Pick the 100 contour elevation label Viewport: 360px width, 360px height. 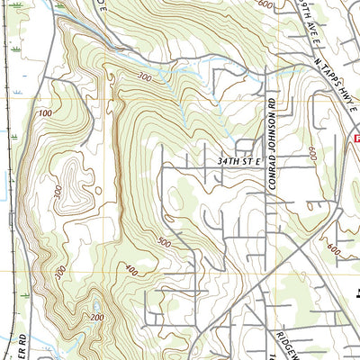tap(46, 114)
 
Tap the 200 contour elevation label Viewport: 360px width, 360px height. tap(96, 319)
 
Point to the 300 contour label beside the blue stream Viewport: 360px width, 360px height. tap(143, 78)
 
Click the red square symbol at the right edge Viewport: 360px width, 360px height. tap(355, 139)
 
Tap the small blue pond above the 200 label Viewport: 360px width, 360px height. tap(95, 307)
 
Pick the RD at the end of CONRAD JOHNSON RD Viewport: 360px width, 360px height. tap(269, 107)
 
